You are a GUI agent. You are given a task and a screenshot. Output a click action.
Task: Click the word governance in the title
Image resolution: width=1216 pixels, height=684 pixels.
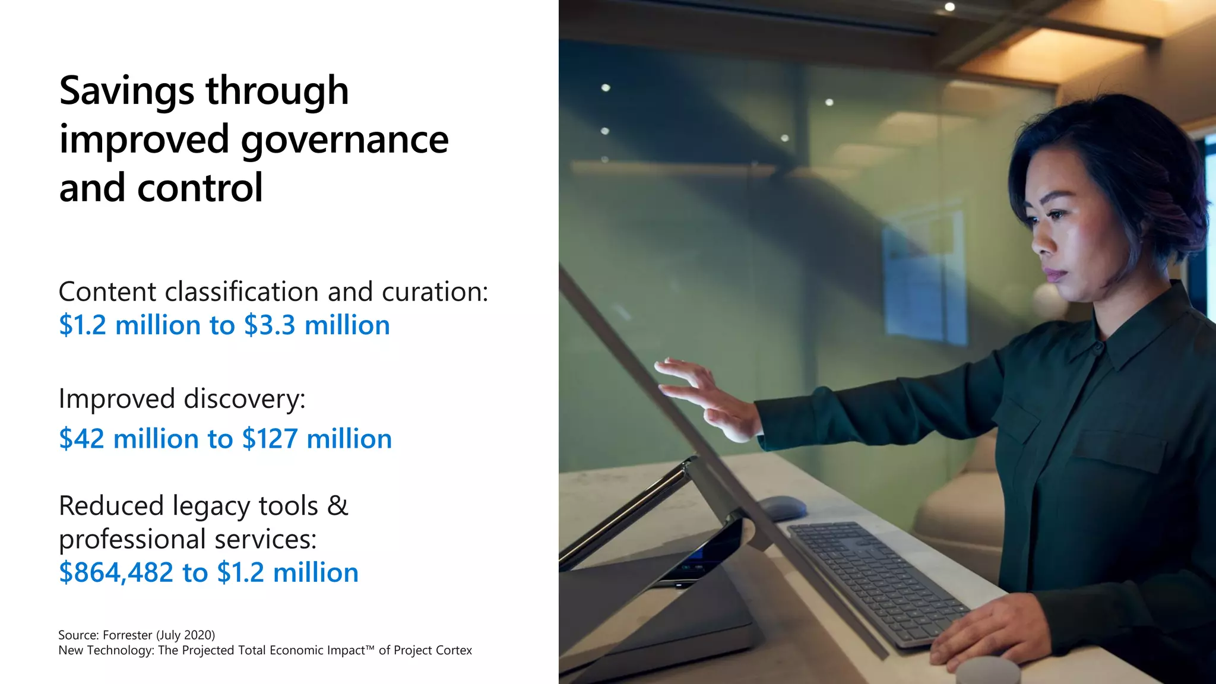tap(344, 140)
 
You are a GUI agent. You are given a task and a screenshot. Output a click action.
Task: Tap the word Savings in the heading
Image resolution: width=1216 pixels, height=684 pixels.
tap(126, 91)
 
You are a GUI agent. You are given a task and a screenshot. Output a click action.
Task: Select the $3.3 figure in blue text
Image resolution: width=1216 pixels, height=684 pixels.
tap(269, 325)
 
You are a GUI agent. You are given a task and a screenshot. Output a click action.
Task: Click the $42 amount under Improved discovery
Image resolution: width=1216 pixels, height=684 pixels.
tap(81, 439)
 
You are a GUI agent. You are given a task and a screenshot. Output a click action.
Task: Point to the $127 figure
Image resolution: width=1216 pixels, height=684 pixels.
tap(270, 439)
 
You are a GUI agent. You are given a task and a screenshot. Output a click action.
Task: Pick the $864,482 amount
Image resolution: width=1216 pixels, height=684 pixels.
tap(116, 572)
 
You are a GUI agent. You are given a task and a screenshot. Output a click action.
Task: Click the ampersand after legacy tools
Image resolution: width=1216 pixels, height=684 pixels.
tap(337, 505)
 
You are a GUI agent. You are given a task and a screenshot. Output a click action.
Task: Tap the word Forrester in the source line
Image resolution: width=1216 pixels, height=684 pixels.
tap(127, 635)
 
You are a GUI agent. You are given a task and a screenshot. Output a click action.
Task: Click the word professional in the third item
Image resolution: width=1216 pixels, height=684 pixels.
tap(132, 540)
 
